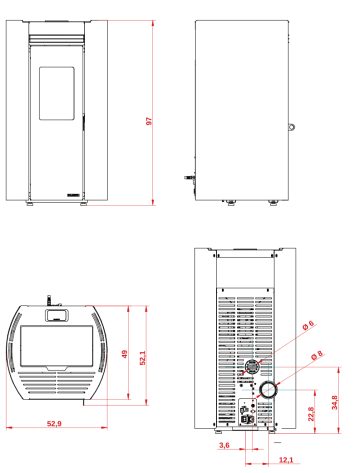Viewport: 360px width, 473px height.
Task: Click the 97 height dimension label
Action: (149, 121)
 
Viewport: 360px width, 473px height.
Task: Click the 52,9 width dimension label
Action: (54, 424)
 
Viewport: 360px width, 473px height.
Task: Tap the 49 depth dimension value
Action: (125, 354)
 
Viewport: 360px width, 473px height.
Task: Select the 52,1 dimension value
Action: (143, 358)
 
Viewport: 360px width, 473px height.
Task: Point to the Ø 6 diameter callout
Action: (308, 325)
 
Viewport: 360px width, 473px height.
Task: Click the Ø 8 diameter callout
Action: (317, 355)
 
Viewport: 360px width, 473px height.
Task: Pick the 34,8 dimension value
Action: (334, 402)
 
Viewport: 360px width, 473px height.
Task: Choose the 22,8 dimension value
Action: (311, 414)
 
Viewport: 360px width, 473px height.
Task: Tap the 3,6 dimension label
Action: (224, 445)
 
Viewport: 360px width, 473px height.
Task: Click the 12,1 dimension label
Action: (286, 460)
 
